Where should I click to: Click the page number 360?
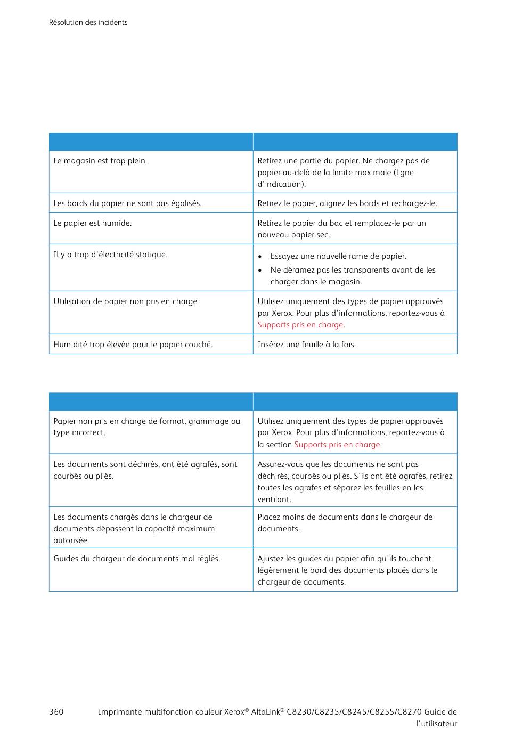(56, 712)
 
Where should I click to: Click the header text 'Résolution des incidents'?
(88, 22)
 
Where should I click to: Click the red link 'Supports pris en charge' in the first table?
(300, 325)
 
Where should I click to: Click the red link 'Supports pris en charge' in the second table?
(337, 445)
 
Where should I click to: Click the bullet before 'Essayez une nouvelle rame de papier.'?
(260, 257)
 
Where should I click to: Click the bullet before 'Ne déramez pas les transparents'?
(260, 271)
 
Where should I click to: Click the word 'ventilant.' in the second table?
(274, 499)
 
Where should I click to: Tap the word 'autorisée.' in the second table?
(71, 540)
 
